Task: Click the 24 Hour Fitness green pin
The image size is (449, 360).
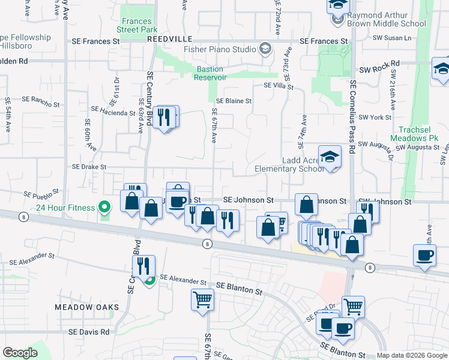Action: [x=104, y=208]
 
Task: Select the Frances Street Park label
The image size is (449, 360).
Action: [x=136, y=25]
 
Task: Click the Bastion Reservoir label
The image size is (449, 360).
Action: [x=210, y=73]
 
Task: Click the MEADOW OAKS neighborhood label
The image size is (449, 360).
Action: [x=86, y=307]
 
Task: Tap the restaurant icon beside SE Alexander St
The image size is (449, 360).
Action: [x=143, y=265]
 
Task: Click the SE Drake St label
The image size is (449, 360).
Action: [x=89, y=167]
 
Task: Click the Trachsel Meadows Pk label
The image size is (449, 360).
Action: [x=420, y=134]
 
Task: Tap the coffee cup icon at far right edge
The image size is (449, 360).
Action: [x=425, y=256]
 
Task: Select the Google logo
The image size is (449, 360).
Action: [x=20, y=353]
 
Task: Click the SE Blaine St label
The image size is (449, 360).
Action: [x=234, y=101]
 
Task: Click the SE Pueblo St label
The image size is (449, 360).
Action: [x=41, y=194]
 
